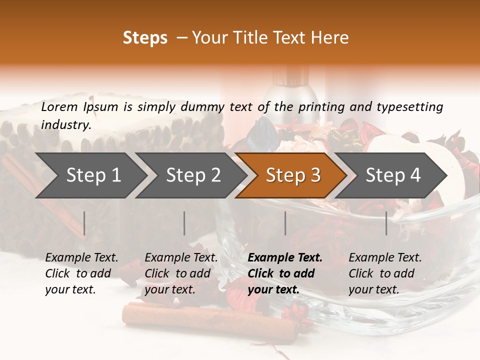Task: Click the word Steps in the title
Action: (145, 38)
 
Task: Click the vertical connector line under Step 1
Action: (84, 223)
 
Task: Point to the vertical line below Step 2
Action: (184, 223)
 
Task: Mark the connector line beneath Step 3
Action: (285, 223)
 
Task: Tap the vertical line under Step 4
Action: (386, 223)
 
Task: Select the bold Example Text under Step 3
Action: (285, 273)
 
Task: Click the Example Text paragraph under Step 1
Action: (81, 273)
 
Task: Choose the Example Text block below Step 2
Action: (181, 273)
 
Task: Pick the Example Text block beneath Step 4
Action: (385, 273)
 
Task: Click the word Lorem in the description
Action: (59, 107)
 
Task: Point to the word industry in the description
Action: (65, 125)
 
